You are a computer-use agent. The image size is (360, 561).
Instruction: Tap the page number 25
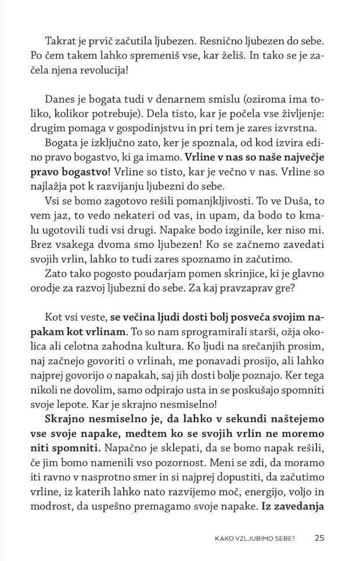coord(320,538)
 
